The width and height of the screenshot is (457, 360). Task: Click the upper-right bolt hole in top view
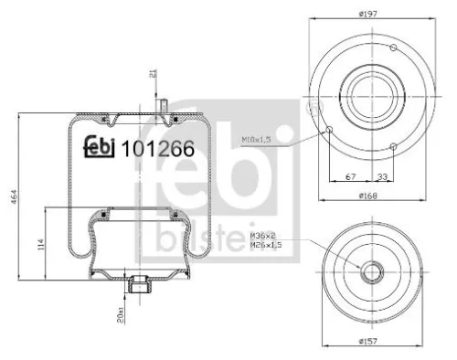[x=392, y=47]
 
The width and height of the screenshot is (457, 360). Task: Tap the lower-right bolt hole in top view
[x=392, y=146]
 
